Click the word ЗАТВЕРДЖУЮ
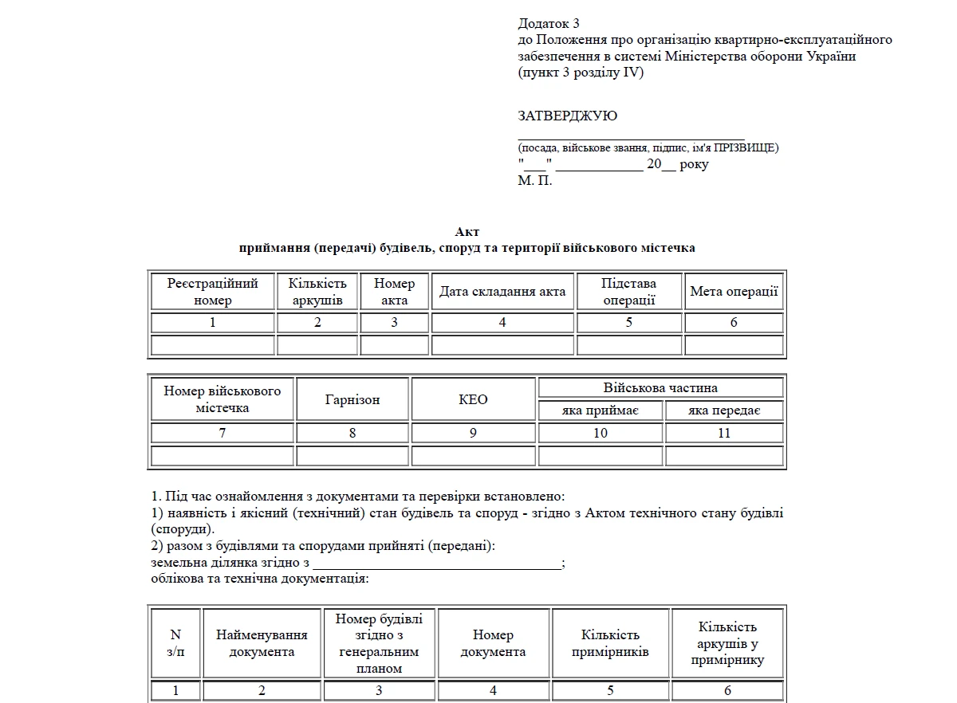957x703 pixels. pyautogui.click(x=567, y=116)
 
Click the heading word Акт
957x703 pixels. pyautogui.click(x=467, y=232)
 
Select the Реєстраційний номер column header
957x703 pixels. pyautogui.click(x=212, y=292)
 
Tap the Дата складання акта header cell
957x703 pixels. pyautogui.click(x=502, y=292)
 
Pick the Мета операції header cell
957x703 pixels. pyautogui.click(x=734, y=292)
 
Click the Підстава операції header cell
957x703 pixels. pyautogui.click(x=628, y=292)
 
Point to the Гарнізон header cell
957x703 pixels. pyautogui.click(x=352, y=399)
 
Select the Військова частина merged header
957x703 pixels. pyautogui.click(x=660, y=388)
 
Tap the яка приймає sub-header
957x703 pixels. pyautogui.click(x=601, y=411)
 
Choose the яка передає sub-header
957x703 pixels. pyautogui.click(x=724, y=411)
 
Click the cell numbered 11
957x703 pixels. pyautogui.click(x=724, y=434)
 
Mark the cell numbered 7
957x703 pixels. pyautogui.click(x=223, y=434)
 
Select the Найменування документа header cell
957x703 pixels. pyautogui.click(x=262, y=643)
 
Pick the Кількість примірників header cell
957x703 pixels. pyautogui.click(x=610, y=643)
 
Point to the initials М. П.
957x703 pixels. pyautogui.click(x=534, y=181)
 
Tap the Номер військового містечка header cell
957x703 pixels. pyautogui.click(x=223, y=399)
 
